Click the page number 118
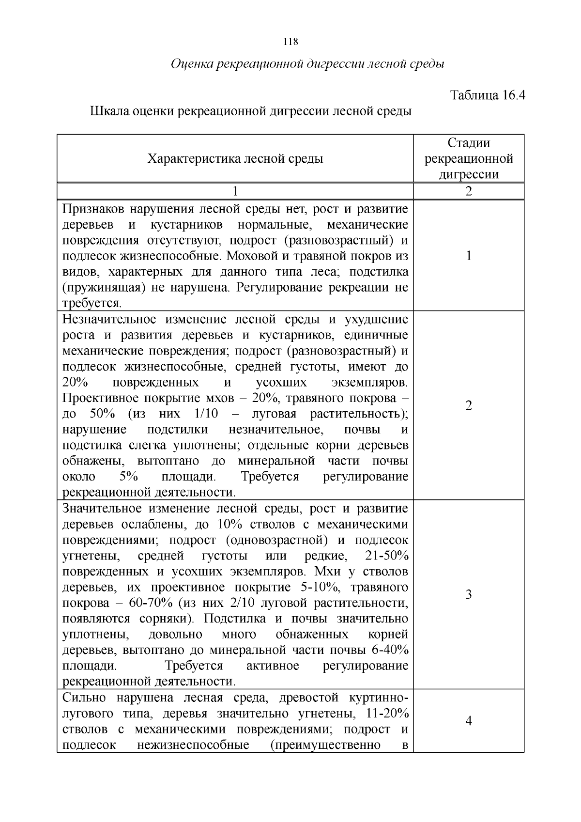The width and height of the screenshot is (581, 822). (290, 42)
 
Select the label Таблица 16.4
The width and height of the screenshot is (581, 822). (488, 95)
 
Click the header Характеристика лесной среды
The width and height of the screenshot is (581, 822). (235, 158)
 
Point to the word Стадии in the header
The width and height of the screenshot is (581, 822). (468, 143)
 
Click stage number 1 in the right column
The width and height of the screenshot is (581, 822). (468, 256)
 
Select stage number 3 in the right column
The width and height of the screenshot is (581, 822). (468, 594)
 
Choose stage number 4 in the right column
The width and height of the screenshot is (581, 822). (468, 721)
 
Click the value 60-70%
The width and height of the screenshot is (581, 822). (152, 603)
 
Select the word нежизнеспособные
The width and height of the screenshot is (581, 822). (193, 744)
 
